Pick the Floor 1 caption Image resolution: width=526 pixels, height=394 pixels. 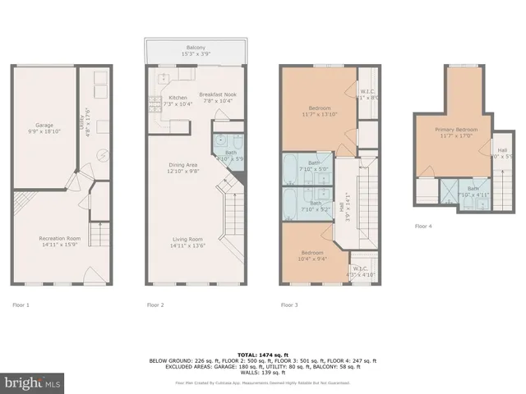point(21,305)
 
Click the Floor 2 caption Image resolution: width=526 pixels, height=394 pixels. point(156,305)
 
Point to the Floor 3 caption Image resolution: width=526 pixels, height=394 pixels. point(289,305)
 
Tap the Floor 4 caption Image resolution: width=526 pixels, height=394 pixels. point(422,225)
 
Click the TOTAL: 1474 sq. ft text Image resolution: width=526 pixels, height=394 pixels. point(262,352)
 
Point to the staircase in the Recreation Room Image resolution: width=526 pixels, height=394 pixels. point(99,238)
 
